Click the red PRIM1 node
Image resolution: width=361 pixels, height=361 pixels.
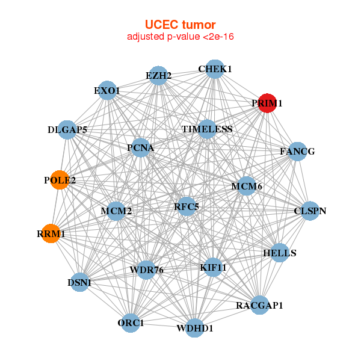click(x=267, y=103)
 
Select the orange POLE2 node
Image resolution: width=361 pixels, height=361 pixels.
click(x=60, y=180)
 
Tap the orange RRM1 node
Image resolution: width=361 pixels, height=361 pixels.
click(x=51, y=233)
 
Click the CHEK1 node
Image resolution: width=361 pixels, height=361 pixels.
click(x=215, y=69)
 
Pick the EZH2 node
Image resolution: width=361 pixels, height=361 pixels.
click(x=158, y=76)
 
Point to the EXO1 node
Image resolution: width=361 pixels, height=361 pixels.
click(x=106, y=91)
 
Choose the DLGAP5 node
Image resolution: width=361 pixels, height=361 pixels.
click(x=67, y=130)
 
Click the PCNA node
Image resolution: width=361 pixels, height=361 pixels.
click(x=140, y=147)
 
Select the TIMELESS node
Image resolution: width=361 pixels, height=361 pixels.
click(x=207, y=129)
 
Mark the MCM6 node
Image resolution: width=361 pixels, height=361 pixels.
click(x=247, y=187)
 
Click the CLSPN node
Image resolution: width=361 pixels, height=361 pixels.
click(x=310, y=211)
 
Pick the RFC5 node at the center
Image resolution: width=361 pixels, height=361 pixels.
click(x=187, y=207)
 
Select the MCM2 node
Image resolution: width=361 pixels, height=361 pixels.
click(x=116, y=211)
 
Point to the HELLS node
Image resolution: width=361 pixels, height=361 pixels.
click(x=280, y=253)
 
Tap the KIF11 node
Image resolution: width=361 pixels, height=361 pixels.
click(x=213, y=267)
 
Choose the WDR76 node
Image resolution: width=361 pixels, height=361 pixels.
click(x=147, y=270)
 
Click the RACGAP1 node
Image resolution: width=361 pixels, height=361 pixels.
click(x=259, y=306)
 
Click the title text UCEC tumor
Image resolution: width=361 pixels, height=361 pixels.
click(x=180, y=25)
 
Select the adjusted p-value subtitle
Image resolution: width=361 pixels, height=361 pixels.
click(x=180, y=37)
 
